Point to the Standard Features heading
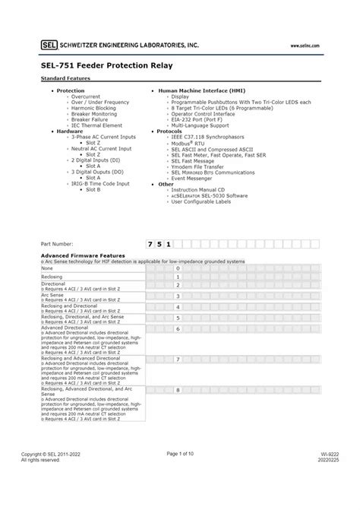coord(65,78)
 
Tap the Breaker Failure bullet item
coord(89,119)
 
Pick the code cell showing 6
coord(177,329)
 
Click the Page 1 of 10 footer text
coord(180,454)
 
